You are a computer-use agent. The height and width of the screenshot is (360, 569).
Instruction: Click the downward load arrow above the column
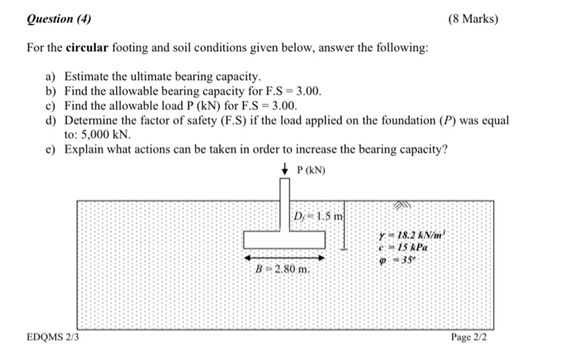pos(284,169)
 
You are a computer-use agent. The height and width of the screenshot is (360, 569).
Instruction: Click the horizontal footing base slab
pos(284,240)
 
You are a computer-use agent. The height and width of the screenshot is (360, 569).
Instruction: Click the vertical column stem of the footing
pos(284,203)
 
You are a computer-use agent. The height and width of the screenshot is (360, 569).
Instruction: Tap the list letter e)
pos(50,149)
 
